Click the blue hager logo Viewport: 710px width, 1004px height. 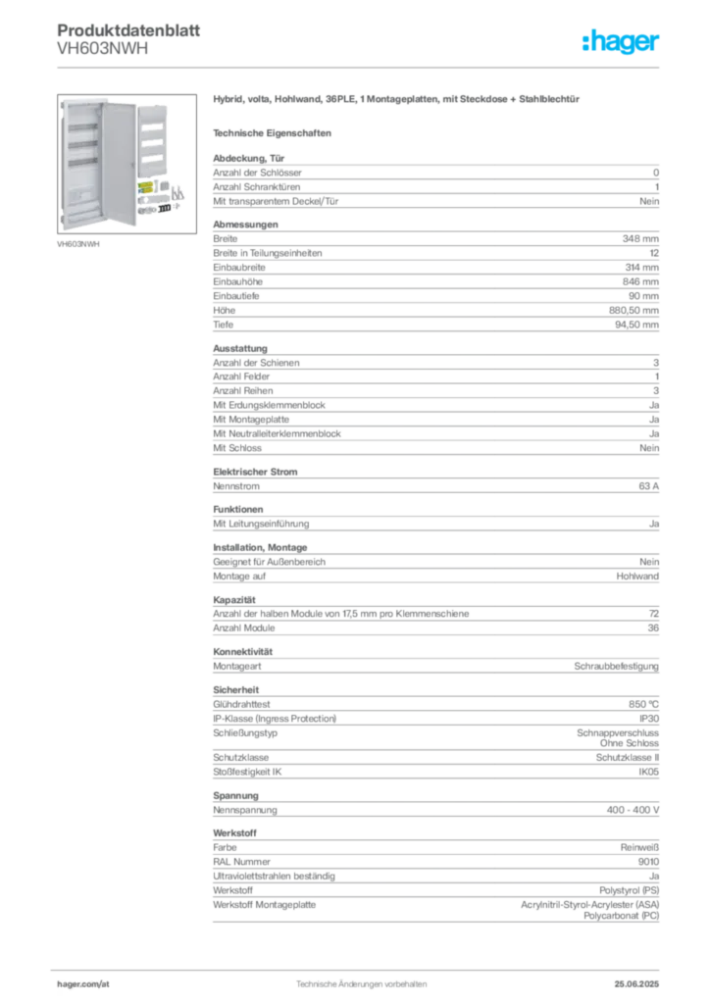(x=623, y=43)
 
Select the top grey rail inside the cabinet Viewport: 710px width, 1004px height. (x=84, y=128)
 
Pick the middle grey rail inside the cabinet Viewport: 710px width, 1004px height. (x=84, y=145)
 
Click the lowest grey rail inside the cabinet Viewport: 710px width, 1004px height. (x=84, y=161)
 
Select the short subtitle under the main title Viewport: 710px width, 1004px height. (x=275, y=131)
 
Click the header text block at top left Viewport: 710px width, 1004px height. (x=102, y=39)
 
